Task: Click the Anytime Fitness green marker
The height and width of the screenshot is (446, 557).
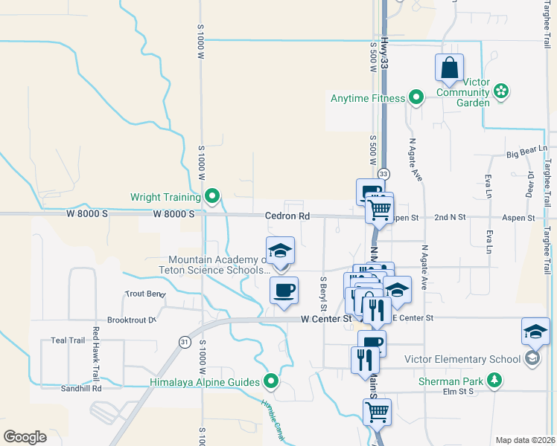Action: (x=416, y=98)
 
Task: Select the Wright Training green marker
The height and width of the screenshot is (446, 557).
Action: (x=212, y=197)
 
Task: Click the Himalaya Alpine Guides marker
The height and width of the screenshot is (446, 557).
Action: (x=272, y=382)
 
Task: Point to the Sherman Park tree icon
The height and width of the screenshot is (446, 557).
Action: (x=493, y=381)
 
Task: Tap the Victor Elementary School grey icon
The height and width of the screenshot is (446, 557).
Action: (x=532, y=359)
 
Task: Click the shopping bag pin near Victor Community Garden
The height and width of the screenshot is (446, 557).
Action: (x=450, y=68)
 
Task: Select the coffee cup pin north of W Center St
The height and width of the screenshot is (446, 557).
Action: (x=284, y=291)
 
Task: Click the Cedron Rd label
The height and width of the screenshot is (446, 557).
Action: (x=287, y=216)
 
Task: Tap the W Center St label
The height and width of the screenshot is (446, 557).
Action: (x=325, y=319)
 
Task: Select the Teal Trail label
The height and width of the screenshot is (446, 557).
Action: (x=69, y=340)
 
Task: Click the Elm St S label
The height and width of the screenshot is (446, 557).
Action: (x=459, y=391)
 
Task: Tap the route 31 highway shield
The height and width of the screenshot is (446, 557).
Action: (x=183, y=341)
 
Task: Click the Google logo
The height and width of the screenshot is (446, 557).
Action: (x=25, y=437)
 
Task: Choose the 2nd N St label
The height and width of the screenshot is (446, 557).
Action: (x=450, y=217)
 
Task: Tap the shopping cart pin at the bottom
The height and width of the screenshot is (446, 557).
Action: (x=378, y=411)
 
